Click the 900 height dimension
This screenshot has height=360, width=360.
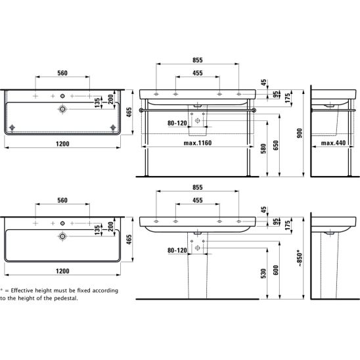[x=300, y=133]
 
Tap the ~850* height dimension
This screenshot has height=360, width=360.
[x=300, y=258]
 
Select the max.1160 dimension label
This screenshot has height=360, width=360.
[x=198, y=143]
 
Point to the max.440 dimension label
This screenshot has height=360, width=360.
[x=333, y=143]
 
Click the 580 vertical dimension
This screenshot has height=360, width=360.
[x=263, y=148]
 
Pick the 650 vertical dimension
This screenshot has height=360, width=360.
[x=276, y=145]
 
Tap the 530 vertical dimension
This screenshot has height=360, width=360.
[x=263, y=273]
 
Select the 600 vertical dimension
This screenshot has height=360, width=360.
[x=276, y=270]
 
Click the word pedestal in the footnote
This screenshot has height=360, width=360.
[x=67, y=298]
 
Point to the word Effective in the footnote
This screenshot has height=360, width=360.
[x=22, y=290]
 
